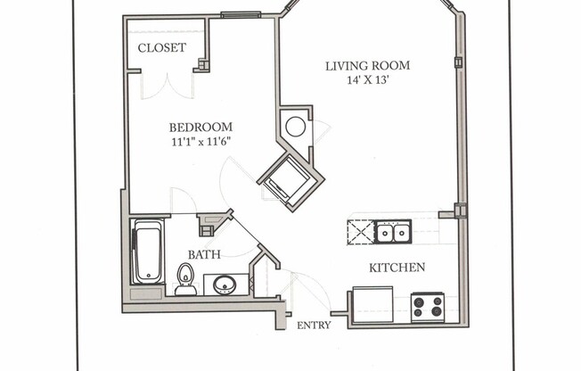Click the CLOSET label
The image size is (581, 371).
[162, 47]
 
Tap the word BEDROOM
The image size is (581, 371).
[201, 127]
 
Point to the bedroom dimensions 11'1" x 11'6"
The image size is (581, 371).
[201, 141]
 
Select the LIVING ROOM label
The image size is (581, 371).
[367, 65]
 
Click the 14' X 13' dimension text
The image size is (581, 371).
[367, 79]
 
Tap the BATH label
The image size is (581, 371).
[203, 254]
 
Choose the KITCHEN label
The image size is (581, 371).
[397, 267]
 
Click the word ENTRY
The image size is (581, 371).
[314, 325]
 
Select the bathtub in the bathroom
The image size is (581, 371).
[147, 251]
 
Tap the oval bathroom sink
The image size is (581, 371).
[225, 285]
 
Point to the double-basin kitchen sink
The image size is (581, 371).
[392, 232]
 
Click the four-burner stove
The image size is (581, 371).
[428, 307]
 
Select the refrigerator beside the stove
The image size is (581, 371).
[372, 304]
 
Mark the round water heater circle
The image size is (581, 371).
[295, 126]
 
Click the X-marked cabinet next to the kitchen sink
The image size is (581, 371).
[359, 232]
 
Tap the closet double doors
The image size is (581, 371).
[167, 86]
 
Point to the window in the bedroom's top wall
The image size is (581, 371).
[241, 14]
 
